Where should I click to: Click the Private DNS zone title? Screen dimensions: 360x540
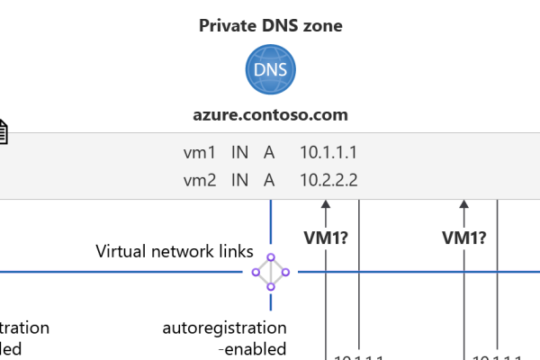point(270,25)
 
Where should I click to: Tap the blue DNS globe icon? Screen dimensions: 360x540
point(270,70)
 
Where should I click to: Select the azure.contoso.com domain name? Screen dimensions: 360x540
point(270,115)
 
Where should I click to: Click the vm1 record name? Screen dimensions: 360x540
point(200,153)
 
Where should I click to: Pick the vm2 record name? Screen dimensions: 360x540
point(200,180)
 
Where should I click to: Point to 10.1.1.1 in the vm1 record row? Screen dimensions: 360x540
point(329,153)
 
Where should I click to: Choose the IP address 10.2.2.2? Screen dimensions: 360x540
point(329,180)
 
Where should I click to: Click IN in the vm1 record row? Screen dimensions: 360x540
point(239,153)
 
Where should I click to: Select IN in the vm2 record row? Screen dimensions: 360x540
point(239,180)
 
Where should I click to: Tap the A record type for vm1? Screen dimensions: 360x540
point(269,153)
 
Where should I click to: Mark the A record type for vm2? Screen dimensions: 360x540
point(269,180)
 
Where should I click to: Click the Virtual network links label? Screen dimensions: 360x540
point(175,251)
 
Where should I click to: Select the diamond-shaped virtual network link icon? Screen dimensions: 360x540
point(270,272)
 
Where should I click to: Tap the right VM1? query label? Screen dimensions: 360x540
point(464,238)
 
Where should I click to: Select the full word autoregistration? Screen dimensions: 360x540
point(224,328)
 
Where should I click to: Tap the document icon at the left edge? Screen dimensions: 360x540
point(3,132)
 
